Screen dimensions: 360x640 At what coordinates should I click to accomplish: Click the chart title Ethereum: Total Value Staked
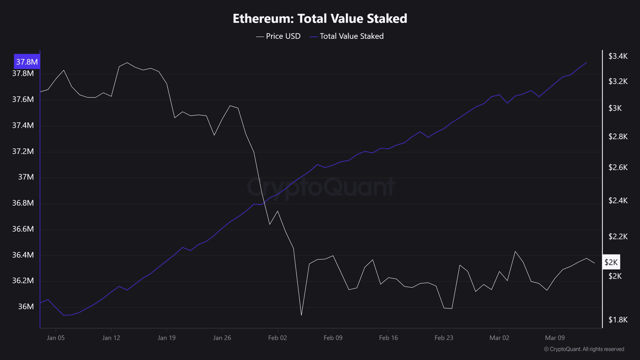pyautogui.click(x=320, y=18)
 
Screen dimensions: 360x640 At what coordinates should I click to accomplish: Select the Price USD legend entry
pyautogui.click(x=278, y=36)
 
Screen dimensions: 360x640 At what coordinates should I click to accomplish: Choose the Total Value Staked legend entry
pyautogui.click(x=347, y=36)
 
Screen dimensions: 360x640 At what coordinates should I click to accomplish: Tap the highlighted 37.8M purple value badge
pyautogui.click(x=27, y=62)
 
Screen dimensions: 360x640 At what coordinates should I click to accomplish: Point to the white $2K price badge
pyautogui.click(x=611, y=262)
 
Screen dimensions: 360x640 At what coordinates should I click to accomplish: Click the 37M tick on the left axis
pyautogui.click(x=26, y=177)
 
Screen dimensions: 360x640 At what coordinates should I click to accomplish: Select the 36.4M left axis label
pyautogui.click(x=23, y=255)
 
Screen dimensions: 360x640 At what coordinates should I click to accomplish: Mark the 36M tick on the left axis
pyautogui.click(x=26, y=306)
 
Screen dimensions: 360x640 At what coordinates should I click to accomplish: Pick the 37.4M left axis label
pyautogui.click(x=23, y=125)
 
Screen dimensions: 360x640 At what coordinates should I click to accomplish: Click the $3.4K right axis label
pyautogui.click(x=618, y=56)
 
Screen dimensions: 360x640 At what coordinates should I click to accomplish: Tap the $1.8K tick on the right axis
pyautogui.click(x=618, y=320)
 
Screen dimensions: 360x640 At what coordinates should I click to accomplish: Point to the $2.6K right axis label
pyautogui.click(x=618, y=167)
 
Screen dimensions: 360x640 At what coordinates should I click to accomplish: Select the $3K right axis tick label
pyautogui.click(x=615, y=108)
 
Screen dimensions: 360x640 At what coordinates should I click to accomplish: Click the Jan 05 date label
pyautogui.click(x=56, y=338)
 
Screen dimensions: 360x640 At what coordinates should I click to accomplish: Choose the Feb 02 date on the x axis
pyautogui.click(x=278, y=338)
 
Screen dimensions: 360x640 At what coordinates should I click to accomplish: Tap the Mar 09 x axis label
pyautogui.click(x=555, y=338)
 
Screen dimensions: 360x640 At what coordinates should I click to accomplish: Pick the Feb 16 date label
pyautogui.click(x=388, y=338)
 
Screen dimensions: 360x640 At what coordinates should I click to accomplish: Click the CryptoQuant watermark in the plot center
pyautogui.click(x=321, y=187)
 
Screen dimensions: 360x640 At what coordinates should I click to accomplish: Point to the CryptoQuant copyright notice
pyautogui.click(x=584, y=349)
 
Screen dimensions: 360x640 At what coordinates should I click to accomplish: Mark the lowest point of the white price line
pyautogui.click(x=301, y=315)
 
